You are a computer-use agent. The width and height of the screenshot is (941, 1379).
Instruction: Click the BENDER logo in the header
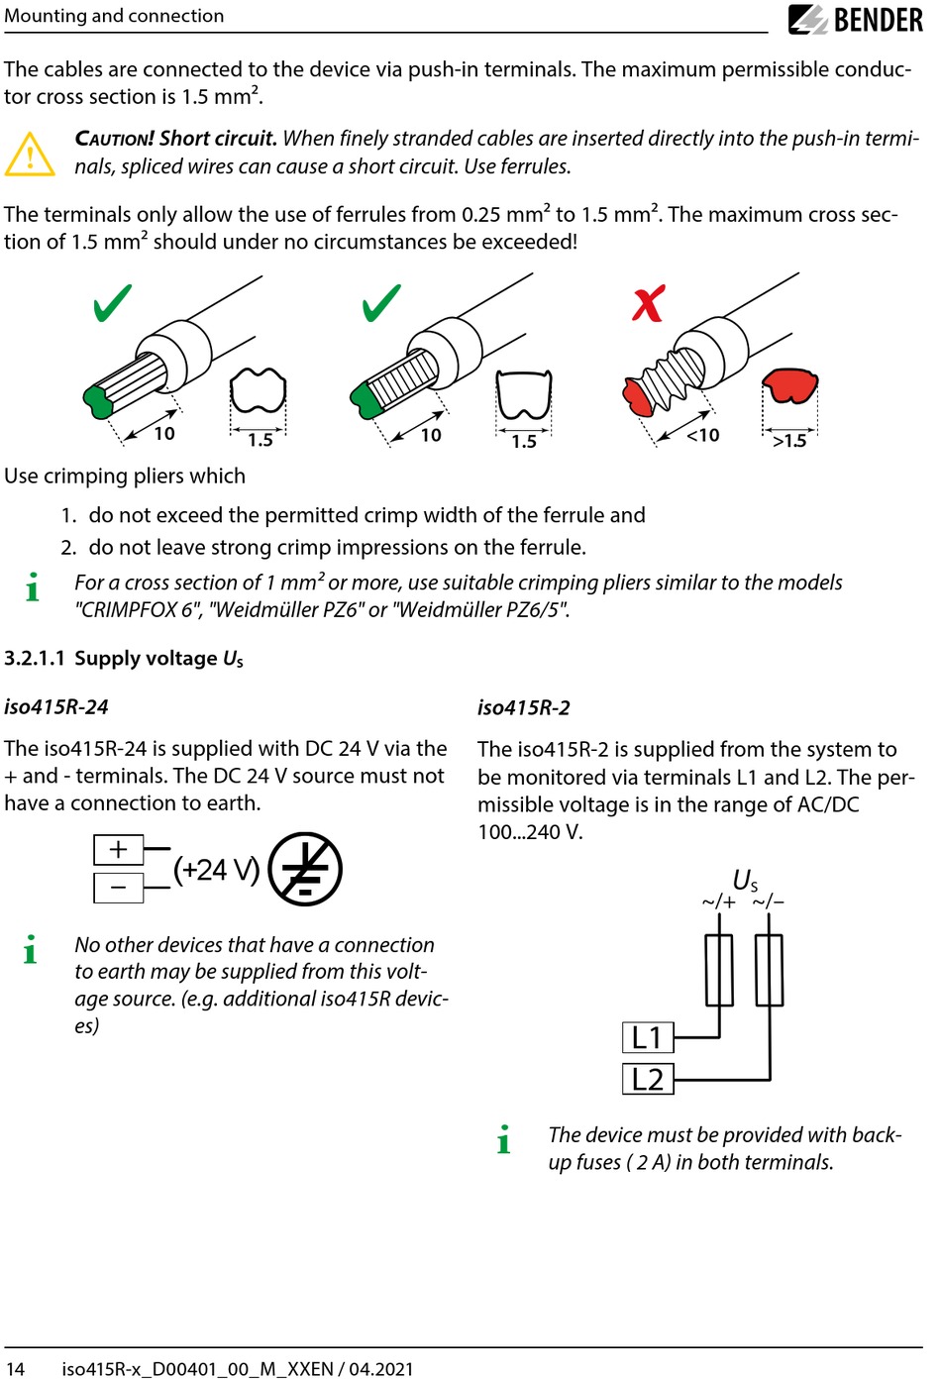coord(856,20)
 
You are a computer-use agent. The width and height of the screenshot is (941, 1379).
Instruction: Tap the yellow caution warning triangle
coord(30,155)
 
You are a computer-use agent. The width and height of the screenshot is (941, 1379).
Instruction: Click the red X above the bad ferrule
coord(648,304)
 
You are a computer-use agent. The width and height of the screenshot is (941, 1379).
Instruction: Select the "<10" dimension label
coord(703,435)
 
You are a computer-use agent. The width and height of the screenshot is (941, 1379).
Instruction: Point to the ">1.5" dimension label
coord(789,441)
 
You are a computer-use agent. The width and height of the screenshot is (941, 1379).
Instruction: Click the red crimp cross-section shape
coord(790,385)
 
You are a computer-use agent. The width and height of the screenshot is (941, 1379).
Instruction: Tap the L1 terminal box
coord(648,1037)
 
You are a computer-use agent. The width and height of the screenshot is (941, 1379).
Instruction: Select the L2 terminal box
coord(648,1079)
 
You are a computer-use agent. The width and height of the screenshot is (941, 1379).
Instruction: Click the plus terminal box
coord(119,849)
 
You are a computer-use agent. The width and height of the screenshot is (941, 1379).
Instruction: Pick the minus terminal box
coord(119,888)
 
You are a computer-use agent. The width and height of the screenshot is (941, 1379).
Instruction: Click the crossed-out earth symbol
coord(305,869)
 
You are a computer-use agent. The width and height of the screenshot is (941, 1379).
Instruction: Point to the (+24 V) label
coord(216,870)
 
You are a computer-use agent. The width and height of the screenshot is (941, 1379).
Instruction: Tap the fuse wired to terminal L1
coord(719,970)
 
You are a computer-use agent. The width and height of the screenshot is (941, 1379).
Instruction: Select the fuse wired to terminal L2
coord(769,970)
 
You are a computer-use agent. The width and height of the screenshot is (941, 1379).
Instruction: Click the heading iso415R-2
coord(523,707)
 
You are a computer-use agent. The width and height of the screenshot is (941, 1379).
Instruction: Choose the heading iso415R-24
coord(56,706)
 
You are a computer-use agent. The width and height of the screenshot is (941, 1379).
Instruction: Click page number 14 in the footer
coord(15,1368)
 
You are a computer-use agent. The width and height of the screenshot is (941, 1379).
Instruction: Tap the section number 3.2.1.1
coord(35,659)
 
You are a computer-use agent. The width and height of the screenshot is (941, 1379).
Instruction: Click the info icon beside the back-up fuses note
coord(504,1140)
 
